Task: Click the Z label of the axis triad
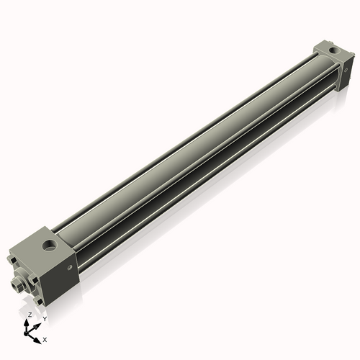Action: [29, 315]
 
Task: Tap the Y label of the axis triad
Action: [45, 318]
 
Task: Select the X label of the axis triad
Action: [45, 338]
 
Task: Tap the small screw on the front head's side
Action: [70, 268]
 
